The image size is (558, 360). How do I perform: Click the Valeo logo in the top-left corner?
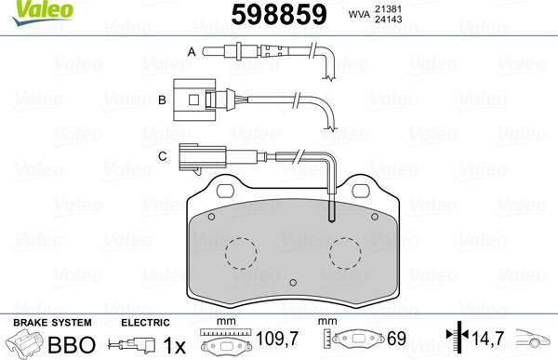(29, 10)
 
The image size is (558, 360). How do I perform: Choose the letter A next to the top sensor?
(192, 52)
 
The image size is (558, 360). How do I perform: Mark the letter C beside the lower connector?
(162, 155)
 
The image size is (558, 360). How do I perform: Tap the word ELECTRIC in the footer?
(146, 323)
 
